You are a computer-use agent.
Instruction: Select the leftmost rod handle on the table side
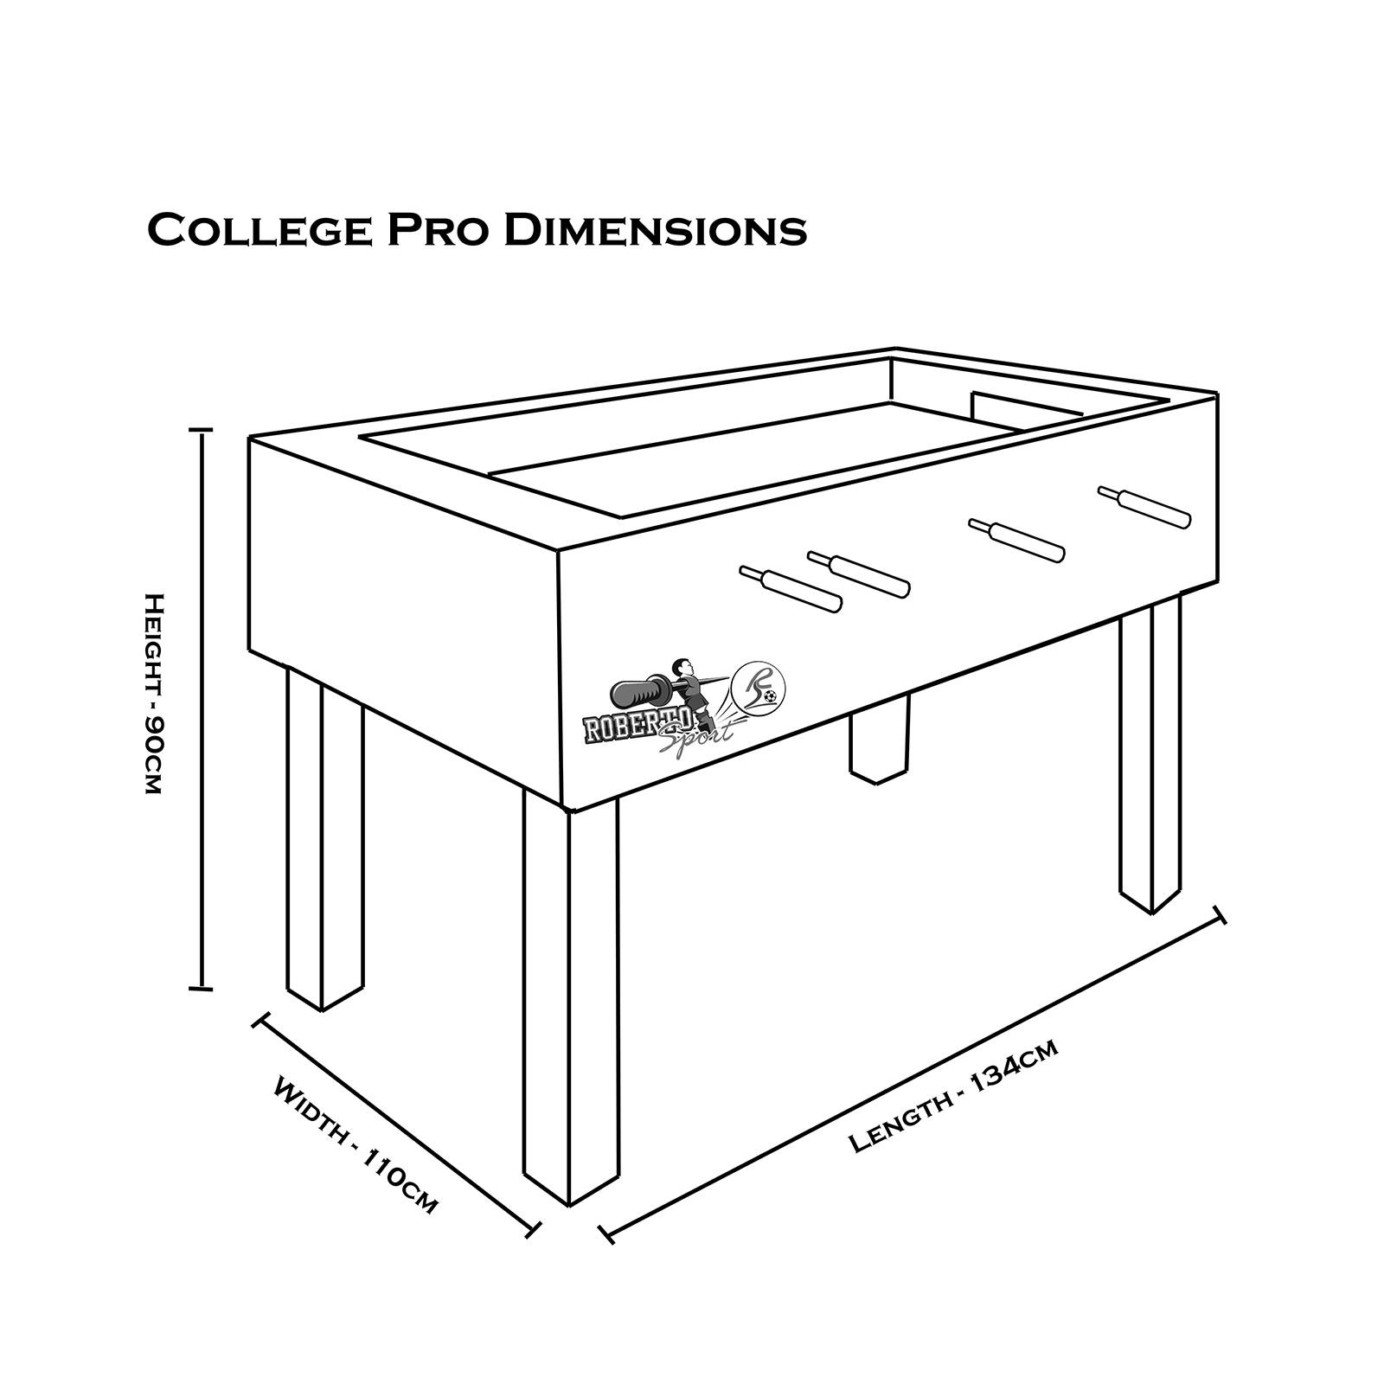(x=790, y=588)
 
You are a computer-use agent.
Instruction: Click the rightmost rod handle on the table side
(x=1144, y=507)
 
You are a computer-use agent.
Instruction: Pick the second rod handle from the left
(x=859, y=573)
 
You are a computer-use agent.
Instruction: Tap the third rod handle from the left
(x=1016, y=540)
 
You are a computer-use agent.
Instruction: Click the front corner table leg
(x=571, y=999)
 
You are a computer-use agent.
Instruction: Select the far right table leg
(x=1150, y=753)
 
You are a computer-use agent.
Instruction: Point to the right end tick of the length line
(x=1220, y=915)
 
